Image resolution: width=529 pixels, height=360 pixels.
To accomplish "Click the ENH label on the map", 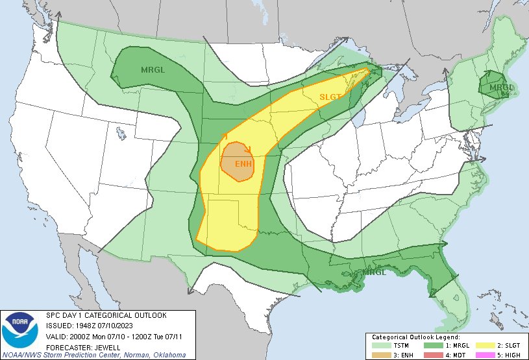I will point(243,163).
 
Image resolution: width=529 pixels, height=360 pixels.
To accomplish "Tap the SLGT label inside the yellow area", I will point(330,97).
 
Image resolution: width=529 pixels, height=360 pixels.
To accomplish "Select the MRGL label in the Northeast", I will point(502,88).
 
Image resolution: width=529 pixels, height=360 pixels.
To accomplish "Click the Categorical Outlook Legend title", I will point(415,338).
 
